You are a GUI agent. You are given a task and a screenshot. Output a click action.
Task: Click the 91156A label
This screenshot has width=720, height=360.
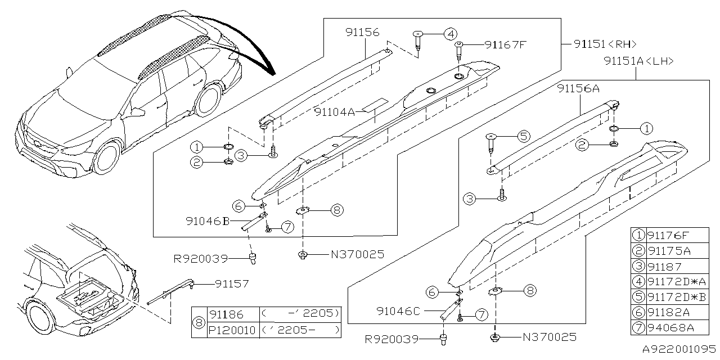[x=578, y=88]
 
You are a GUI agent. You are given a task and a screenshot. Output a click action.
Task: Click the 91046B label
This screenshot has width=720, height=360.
[x=208, y=222]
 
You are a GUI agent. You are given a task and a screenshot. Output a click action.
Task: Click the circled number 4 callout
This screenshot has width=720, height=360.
[x=449, y=34]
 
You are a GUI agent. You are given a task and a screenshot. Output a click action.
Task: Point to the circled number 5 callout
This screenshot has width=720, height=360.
[x=523, y=136]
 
